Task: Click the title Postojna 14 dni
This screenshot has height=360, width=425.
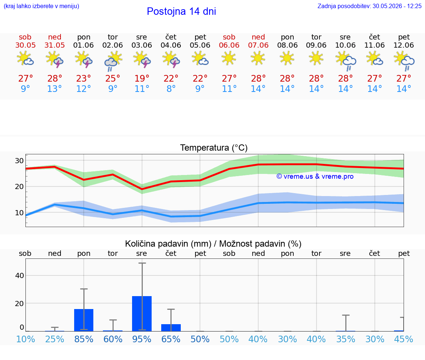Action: pyautogui.click(x=182, y=11)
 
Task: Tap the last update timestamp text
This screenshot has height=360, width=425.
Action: pyautogui.click(x=369, y=6)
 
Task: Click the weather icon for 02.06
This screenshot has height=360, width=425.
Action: pyautogui.click(x=113, y=61)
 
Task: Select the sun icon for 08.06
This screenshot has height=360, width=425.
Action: pyautogui.click(x=287, y=58)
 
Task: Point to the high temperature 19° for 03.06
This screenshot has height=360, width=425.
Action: pyautogui.click(x=142, y=78)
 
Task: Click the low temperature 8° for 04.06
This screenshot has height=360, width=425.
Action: pyautogui.click(x=171, y=89)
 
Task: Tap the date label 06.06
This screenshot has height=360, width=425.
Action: pyautogui.click(x=229, y=45)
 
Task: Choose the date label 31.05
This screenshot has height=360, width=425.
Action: pyautogui.click(x=55, y=45)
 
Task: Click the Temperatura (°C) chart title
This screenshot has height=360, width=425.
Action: pyautogui.click(x=214, y=148)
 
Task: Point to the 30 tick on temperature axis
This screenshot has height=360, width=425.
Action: pyautogui.click(x=19, y=161)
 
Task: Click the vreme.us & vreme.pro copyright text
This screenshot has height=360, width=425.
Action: pyautogui.click(x=315, y=176)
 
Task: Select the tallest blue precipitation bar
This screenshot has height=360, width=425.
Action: pyautogui.click(x=142, y=313)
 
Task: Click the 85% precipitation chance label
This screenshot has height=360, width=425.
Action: pyautogui.click(x=84, y=339)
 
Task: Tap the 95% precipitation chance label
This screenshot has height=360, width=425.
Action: pyautogui.click(x=142, y=339)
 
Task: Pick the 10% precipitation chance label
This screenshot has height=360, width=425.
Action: pyautogui.click(x=25, y=339)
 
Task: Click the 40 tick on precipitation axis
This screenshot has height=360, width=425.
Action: pyautogui.click(x=20, y=275)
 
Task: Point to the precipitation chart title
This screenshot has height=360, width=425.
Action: pyautogui.click(x=213, y=244)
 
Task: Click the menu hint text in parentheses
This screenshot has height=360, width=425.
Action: pyautogui.click(x=41, y=6)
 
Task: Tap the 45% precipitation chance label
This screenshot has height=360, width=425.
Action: pyautogui.click(x=403, y=339)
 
